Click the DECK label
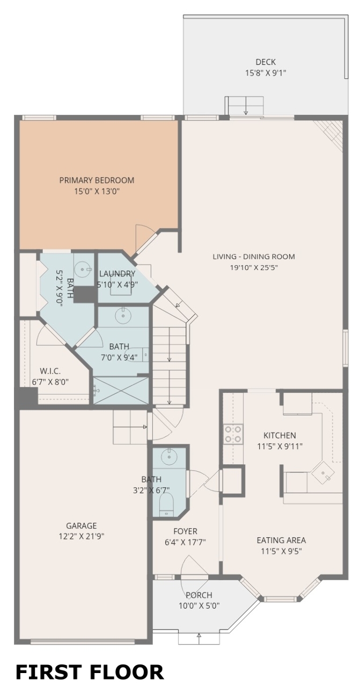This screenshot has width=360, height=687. [x=266, y=62]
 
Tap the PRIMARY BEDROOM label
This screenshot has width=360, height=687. [x=97, y=180]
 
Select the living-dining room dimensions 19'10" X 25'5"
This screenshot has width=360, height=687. [x=254, y=267]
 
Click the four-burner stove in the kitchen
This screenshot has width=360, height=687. [x=233, y=435]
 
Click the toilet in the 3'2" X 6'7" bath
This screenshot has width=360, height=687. [x=166, y=504]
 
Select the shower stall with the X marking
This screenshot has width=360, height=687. [x=121, y=390]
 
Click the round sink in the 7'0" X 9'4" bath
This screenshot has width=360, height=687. [x=123, y=316]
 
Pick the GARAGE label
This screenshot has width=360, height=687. [x=82, y=525]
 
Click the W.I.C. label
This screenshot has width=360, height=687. [x=50, y=371]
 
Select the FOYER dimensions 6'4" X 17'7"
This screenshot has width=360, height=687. [x=185, y=542]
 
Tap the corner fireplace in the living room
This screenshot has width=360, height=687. [x=330, y=135]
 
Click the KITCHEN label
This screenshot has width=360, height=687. [x=280, y=435]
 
